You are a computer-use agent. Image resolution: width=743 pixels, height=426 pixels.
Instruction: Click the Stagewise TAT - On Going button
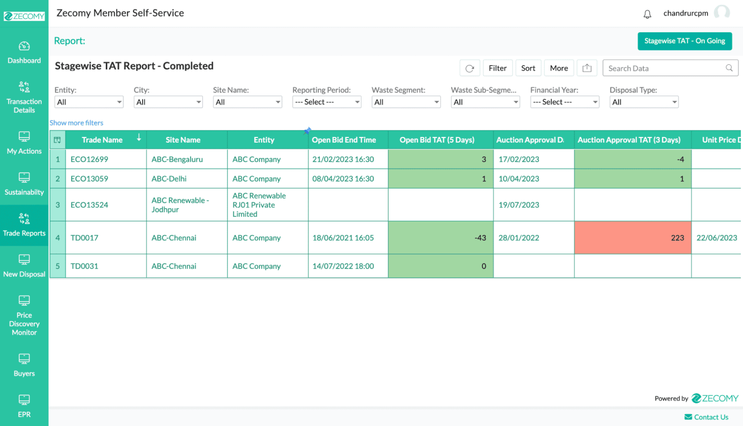pos(684,41)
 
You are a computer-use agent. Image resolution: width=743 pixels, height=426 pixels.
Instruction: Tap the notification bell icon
pos(647,14)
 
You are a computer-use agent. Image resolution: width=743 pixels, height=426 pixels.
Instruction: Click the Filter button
pos(497,68)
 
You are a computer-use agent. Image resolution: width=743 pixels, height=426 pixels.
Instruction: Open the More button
pos(558,68)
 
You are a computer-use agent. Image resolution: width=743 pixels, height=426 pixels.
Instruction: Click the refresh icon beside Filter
pos(470,68)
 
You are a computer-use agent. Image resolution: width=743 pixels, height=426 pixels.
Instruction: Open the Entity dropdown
pos(89,102)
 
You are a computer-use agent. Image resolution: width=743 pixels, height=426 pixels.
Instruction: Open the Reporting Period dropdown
pos(327,102)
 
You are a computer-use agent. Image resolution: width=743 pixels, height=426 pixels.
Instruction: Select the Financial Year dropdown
pos(564,102)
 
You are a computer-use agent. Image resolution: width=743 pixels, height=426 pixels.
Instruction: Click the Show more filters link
pos(77,123)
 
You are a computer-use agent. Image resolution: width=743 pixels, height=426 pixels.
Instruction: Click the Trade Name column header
pos(102,140)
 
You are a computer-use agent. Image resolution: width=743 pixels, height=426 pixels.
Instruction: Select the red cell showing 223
pos(633,237)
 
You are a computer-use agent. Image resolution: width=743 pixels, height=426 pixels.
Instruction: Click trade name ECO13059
pos(89,179)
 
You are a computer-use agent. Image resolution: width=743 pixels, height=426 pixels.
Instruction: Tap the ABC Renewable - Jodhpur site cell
pos(180,205)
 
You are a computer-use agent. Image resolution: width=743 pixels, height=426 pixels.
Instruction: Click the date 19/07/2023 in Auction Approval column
pos(518,205)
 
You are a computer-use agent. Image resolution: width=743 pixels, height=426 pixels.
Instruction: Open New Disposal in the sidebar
pos(24,266)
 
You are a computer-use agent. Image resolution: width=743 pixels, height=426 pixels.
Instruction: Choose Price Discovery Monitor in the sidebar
pos(24,316)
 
